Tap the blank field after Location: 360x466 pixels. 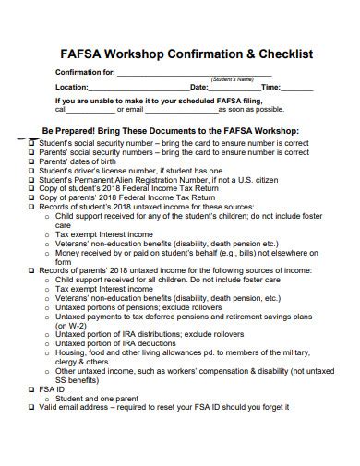point(139,87)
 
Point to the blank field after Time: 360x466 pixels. point(296,87)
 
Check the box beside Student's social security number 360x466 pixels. point(31,143)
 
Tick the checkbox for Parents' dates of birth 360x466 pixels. point(31,161)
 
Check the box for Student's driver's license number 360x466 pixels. point(31,171)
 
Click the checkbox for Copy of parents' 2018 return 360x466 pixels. point(31,197)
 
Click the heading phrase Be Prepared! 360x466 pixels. point(69,131)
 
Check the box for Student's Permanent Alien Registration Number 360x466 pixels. point(31,180)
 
